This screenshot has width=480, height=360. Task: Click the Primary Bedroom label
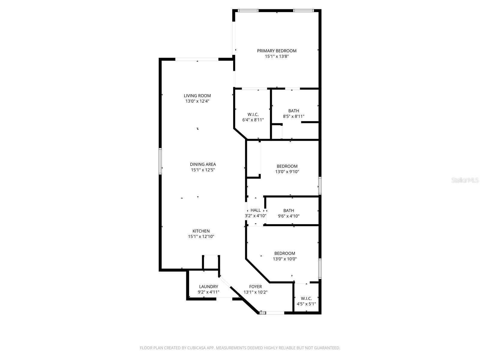click(277, 51)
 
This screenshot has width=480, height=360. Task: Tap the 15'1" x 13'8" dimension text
click(277, 56)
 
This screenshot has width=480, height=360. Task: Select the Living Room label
click(197, 96)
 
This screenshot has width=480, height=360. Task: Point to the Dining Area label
click(203, 164)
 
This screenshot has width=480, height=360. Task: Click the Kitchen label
click(201, 231)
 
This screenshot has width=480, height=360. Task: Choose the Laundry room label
click(208, 286)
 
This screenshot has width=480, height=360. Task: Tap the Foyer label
click(255, 286)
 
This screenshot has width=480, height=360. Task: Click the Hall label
click(256, 210)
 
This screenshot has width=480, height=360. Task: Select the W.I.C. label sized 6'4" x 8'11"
click(253, 114)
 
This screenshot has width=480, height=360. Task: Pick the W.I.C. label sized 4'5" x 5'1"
click(306, 298)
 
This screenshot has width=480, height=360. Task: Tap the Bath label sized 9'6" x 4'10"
click(289, 210)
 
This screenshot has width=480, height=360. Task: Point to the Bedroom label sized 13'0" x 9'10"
click(287, 166)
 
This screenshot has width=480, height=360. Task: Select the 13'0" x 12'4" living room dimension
click(197, 101)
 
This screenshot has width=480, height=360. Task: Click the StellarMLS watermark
click(465, 180)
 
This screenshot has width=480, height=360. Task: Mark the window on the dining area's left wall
click(160, 161)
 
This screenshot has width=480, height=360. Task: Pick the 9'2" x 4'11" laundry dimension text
click(208, 292)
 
